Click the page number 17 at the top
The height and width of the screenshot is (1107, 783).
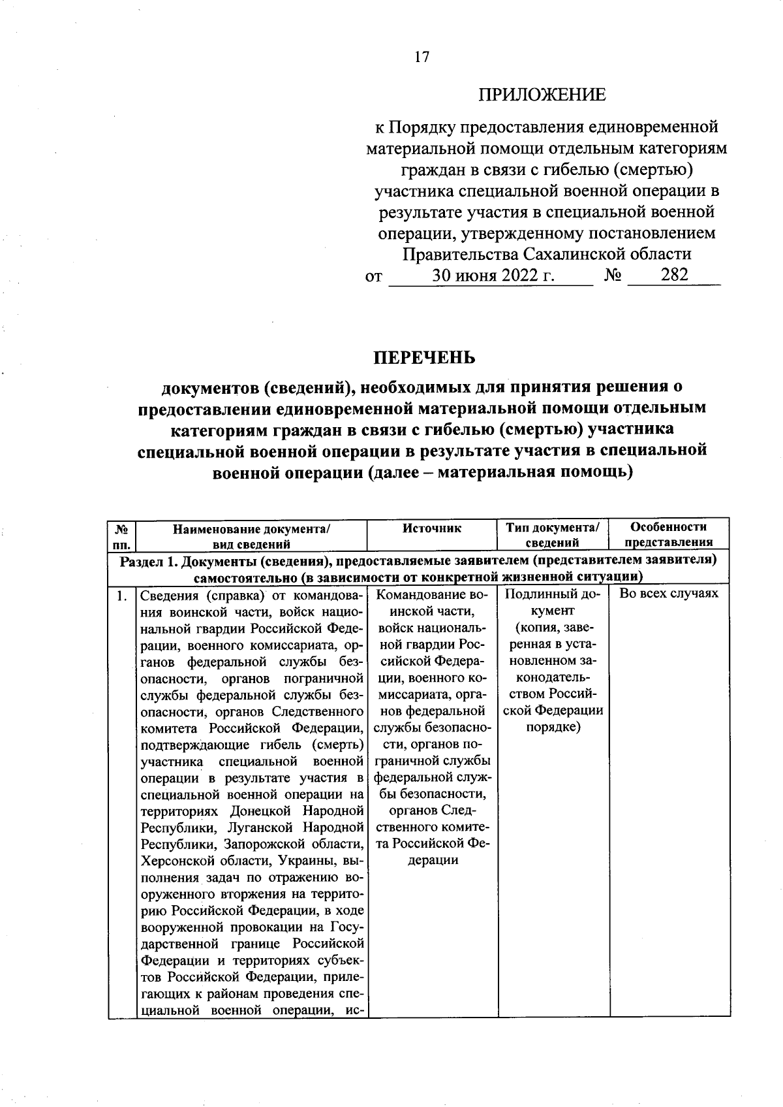point(422,57)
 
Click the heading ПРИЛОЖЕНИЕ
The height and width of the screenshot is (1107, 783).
point(542,95)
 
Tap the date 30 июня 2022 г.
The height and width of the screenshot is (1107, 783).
point(493,275)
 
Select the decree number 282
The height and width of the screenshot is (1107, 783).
point(674,274)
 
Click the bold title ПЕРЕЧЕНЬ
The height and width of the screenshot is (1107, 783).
point(424,358)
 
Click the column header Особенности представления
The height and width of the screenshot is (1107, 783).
point(669,534)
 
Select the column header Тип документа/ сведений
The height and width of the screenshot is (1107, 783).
point(552,534)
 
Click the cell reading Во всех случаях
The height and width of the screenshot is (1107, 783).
point(669,594)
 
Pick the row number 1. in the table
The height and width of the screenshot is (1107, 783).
point(121,595)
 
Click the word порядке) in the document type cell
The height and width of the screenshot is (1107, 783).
point(553,727)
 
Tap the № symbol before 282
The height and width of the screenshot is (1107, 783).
point(612,275)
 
